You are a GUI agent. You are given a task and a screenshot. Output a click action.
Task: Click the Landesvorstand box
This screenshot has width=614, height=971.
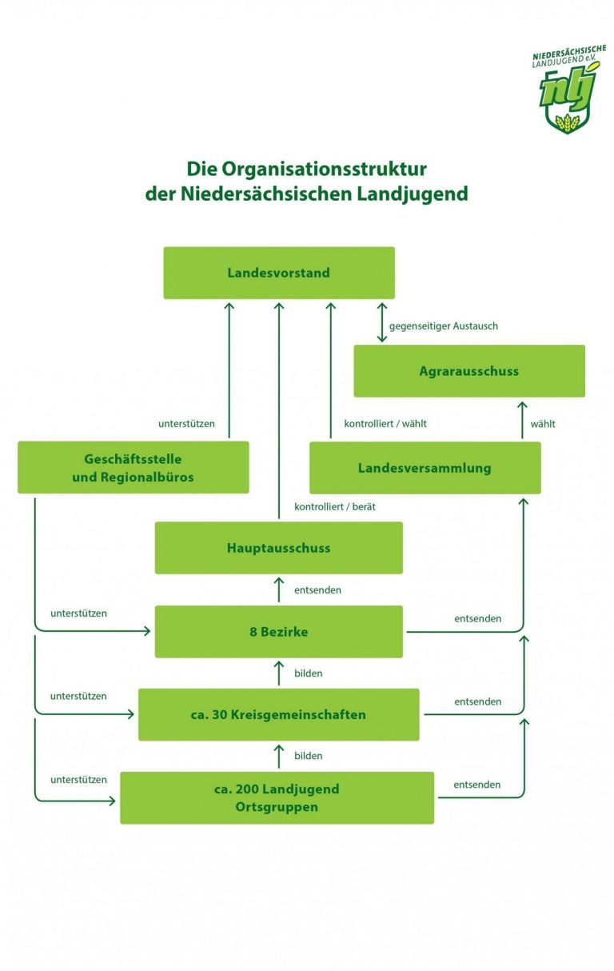[279, 273]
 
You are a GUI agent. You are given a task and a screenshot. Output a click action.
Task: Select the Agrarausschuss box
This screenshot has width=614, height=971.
[469, 371]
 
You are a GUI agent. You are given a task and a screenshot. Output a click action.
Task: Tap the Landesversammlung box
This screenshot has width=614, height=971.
[425, 468]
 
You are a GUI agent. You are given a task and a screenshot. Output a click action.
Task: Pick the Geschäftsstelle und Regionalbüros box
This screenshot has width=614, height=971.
[133, 467]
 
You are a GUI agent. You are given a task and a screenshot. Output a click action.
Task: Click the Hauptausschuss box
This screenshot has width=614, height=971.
[278, 548]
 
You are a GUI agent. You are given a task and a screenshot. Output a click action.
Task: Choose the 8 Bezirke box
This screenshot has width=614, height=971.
[278, 632]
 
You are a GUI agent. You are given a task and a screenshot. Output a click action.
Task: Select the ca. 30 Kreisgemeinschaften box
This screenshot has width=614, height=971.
[278, 714]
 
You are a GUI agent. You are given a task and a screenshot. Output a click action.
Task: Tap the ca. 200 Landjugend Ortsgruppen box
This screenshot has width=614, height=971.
[277, 797]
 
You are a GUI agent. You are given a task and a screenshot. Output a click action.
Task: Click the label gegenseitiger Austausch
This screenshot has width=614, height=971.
[443, 326]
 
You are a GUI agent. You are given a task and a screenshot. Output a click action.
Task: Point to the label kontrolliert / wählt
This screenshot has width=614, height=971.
[385, 423]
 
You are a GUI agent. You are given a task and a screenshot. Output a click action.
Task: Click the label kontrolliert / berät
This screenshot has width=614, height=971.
[334, 507]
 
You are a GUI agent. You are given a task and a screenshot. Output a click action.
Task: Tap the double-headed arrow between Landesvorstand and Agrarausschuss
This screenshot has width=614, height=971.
[381, 322]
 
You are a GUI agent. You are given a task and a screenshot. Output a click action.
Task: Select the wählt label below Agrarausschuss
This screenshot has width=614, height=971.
[543, 423]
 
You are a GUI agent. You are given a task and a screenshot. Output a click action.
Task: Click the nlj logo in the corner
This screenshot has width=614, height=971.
[568, 90]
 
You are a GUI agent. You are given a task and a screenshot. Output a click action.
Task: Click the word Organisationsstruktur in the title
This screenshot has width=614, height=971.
[324, 169]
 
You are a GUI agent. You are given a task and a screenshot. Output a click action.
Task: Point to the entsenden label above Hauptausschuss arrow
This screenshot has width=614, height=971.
[317, 590]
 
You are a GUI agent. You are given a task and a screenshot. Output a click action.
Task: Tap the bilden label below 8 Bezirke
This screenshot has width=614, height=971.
[308, 673]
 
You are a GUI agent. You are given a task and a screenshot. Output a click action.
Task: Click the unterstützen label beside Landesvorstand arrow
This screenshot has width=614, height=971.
[186, 423]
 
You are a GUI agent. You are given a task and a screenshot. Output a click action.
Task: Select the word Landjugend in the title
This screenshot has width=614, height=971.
[412, 194]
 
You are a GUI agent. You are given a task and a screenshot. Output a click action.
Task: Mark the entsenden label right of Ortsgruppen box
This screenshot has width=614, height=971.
[476, 785]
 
